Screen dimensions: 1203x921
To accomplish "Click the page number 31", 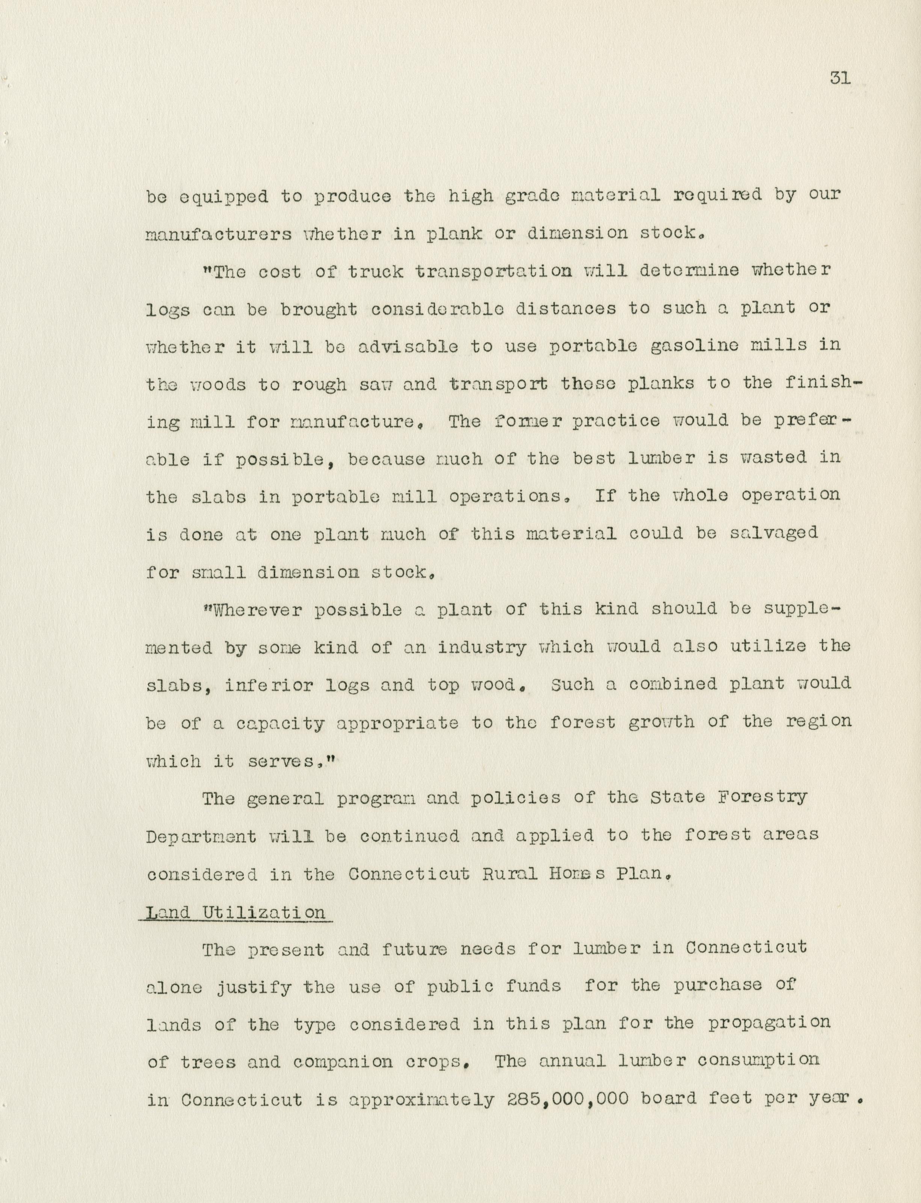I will point(839,79).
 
